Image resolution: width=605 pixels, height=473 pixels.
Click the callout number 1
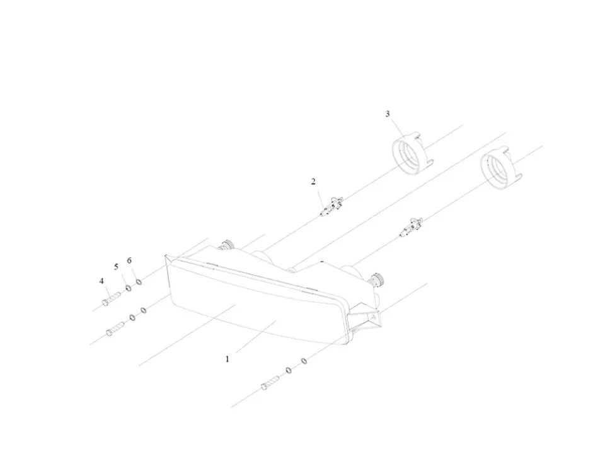pos(228,359)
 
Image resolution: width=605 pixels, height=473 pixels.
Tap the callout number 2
pos(313,182)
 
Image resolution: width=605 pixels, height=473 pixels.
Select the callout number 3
pos(388,114)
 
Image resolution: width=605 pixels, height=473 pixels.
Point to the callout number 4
pos(101,281)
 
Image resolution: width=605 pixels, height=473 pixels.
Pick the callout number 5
pos(116,267)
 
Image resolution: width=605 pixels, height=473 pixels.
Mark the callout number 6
pos(129,260)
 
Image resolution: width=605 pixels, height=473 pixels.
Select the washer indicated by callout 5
pos(129,288)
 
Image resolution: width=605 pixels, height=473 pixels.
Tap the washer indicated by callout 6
pos(139,281)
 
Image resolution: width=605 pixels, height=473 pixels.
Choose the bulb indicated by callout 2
pos(331,207)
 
